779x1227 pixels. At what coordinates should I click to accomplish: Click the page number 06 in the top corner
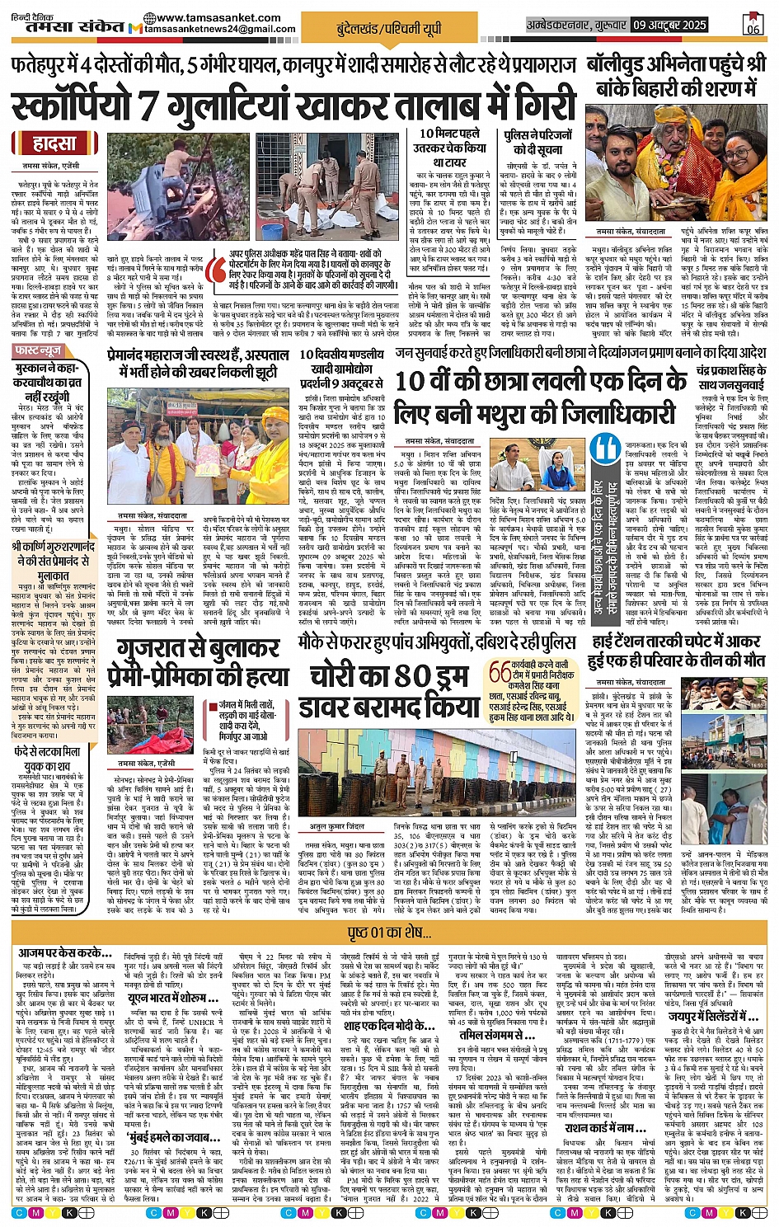(753, 25)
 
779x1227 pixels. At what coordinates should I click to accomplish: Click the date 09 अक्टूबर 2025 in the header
(671, 25)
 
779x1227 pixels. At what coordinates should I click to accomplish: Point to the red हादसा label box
(54, 143)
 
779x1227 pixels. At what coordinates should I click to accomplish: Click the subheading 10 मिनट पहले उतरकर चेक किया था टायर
(453, 148)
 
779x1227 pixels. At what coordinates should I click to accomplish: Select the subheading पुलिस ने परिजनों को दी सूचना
(537, 141)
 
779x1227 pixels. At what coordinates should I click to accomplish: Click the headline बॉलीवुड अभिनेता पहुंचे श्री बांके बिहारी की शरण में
(676, 76)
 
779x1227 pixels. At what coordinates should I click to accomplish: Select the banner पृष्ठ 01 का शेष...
(389, 932)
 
